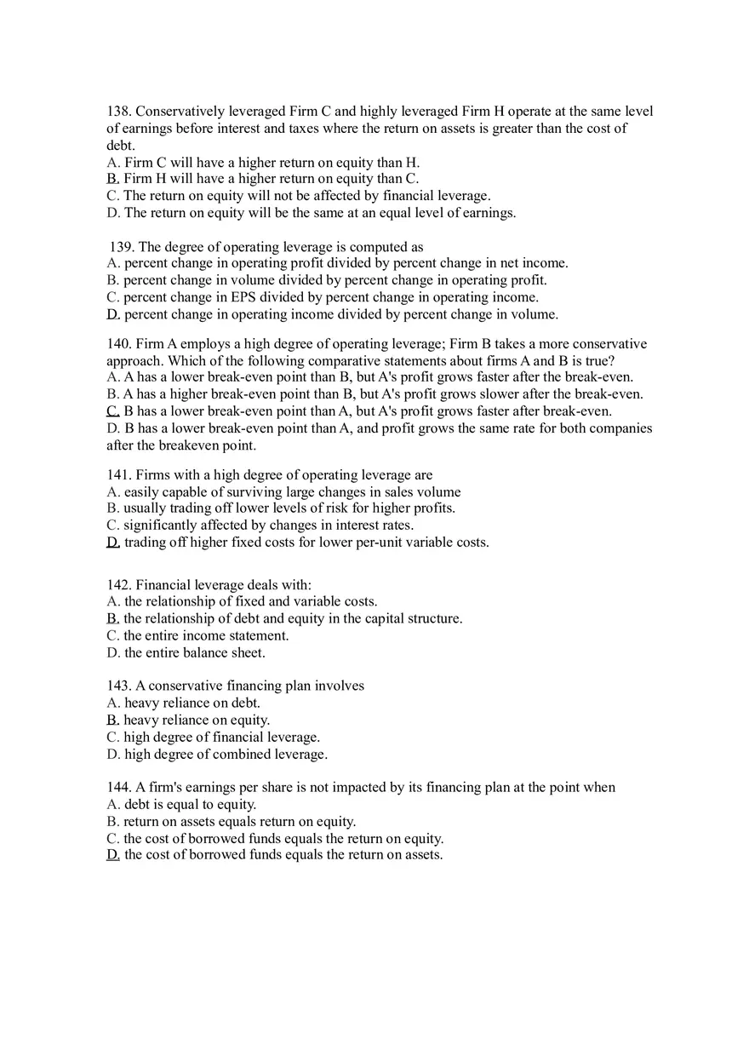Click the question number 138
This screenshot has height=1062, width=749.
pyautogui.click(x=118, y=112)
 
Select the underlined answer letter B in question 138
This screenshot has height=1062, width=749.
pyautogui.click(x=111, y=179)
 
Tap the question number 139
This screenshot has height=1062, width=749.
pyautogui.click(x=123, y=247)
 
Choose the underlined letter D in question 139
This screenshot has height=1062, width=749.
pyautogui.click(x=112, y=314)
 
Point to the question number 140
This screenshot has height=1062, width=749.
pyautogui.click(x=118, y=344)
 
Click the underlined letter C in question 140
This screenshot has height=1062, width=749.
pyautogui.click(x=111, y=411)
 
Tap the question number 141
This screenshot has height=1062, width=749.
pyautogui.click(x=118, y=475)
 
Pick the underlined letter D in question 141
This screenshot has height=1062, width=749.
pyautogui.click(x=112, y=542)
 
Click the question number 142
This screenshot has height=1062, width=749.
pyautogui.click(x=118, y=585)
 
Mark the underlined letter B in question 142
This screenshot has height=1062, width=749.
pyautogui.click(x=111, y=619)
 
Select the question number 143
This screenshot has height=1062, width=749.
pyautogui.click(x=118, y=686)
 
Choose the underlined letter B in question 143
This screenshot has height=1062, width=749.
pyautogui.click(x=111, y=720)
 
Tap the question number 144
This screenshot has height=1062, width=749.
pyautogui.click(x=118, y=788)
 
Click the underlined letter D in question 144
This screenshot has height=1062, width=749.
pyautogui.click(x=112, y=855)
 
